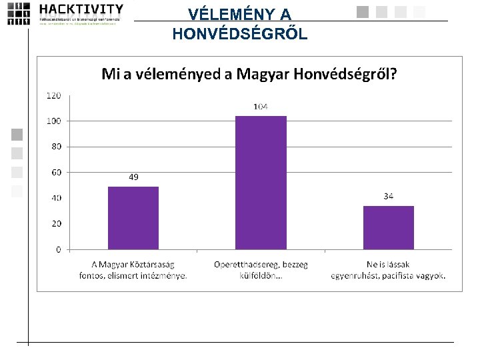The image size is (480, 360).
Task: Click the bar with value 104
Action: pyautogui.click(x=261, y=183)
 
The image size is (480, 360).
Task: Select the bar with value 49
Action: pyautogui.click(x=133, y=217)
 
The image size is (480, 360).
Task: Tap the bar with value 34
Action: pyautogui.click(x=389, y=227)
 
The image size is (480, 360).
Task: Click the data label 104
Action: pyautogui.click(x=261, y=107)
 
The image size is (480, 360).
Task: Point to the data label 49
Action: pyautogui.click(x=133, y=177)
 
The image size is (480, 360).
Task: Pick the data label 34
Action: pyautogui.click(x=389, y=196)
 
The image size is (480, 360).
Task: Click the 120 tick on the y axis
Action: pyautogui.click(x=53, y=95)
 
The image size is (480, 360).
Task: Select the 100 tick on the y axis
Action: pyautogui.click(x=53, y=121)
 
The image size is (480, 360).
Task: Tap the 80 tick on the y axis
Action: pyautogui.click(x=55, y=147)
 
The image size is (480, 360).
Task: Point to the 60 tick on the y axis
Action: pyautogui.click(x=55, y=172)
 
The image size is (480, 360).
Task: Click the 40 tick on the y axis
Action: pyautogui.click(x=55, y=198)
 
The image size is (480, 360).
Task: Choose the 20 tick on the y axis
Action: pyautogui.click(x=55, y=223)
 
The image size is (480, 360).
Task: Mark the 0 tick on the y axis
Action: pyautogui.click(x=58, y=249)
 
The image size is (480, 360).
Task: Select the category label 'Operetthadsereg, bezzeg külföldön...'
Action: pyautogui.click(x=261, y=270)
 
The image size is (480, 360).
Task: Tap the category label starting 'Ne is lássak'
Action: pyautogui.click(x=389, y=270)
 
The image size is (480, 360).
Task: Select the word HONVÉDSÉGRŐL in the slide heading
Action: pyautogui.click(x=240, y=34)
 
